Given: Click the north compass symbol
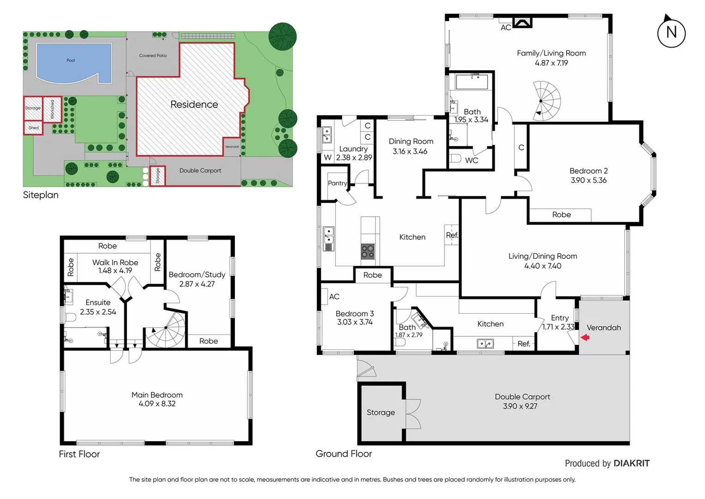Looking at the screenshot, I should (x=671, y=33).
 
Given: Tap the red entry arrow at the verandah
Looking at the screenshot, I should (x=585, y=338).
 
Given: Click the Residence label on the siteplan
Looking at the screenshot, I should (x=194, y=104).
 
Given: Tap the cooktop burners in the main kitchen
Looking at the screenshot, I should (x=368, y=252).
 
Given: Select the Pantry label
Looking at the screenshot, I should (x=337, y=183).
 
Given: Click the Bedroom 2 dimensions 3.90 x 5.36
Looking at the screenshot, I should (x=588, y=180).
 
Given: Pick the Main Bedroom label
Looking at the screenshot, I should (x=157, y=395).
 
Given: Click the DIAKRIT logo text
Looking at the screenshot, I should (x=631, y=463).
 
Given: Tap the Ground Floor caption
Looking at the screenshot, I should (x=343, y=454).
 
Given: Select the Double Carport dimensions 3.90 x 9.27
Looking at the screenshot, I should (x=520, y=406).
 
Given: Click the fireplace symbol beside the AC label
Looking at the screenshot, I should (x=522, y=22).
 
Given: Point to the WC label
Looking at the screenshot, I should (x=471, y=160).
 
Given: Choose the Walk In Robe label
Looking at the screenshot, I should (x=115, y=262).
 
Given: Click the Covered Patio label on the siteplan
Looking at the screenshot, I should (x=153, y=55).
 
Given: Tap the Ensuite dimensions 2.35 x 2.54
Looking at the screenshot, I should (x=98, y=312).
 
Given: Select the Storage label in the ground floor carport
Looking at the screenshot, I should (x=381, y=412).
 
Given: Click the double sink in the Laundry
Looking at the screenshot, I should (x=327, y=135).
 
